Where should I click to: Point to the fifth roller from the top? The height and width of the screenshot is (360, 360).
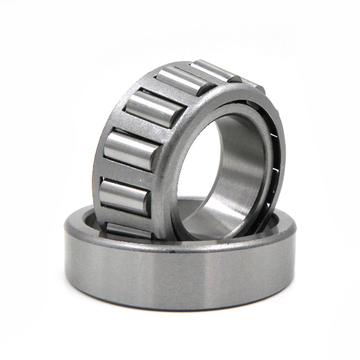(124, 196)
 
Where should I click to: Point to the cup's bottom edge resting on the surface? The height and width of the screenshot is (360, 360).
(180, 307)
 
